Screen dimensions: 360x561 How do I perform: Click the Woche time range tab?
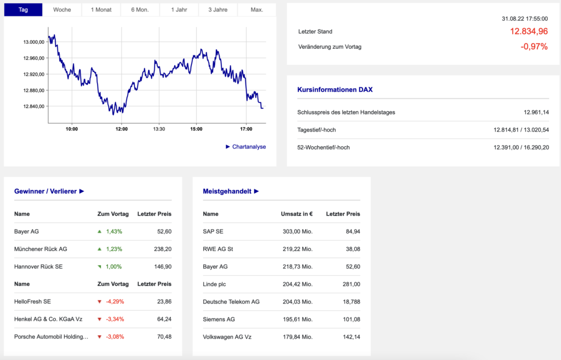coord(62,10)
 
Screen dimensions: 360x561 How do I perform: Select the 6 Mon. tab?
coord(140,10)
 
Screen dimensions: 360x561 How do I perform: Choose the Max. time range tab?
coord(256,10)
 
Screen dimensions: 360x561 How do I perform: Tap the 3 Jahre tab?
coord(217,10)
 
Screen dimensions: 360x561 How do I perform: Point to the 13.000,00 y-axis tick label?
coord(33,42)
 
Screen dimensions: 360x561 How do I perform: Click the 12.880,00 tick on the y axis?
coord(33,90)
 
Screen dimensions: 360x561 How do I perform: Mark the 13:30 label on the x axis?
coord(159,129)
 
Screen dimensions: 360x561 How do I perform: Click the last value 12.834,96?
coord(529,32)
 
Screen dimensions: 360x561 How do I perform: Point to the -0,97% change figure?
coord(534,47)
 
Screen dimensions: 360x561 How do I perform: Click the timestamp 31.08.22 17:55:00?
coord(524,19)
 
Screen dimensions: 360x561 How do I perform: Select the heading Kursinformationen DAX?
coord(335,89)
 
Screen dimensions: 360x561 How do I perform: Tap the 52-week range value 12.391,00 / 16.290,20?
coord(521,147)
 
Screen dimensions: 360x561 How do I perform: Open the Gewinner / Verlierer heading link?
coord(49,191)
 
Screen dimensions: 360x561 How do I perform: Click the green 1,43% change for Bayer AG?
coord(114,232)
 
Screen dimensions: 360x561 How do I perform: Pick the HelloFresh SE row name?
coord(32,302)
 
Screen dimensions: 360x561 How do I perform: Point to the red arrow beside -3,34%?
coord(99,319)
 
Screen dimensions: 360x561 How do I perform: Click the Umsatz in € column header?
coord(296,214)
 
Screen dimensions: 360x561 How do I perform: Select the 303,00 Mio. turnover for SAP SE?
coord(297,232)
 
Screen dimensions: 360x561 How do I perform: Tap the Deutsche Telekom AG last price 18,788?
coord(350,302)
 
